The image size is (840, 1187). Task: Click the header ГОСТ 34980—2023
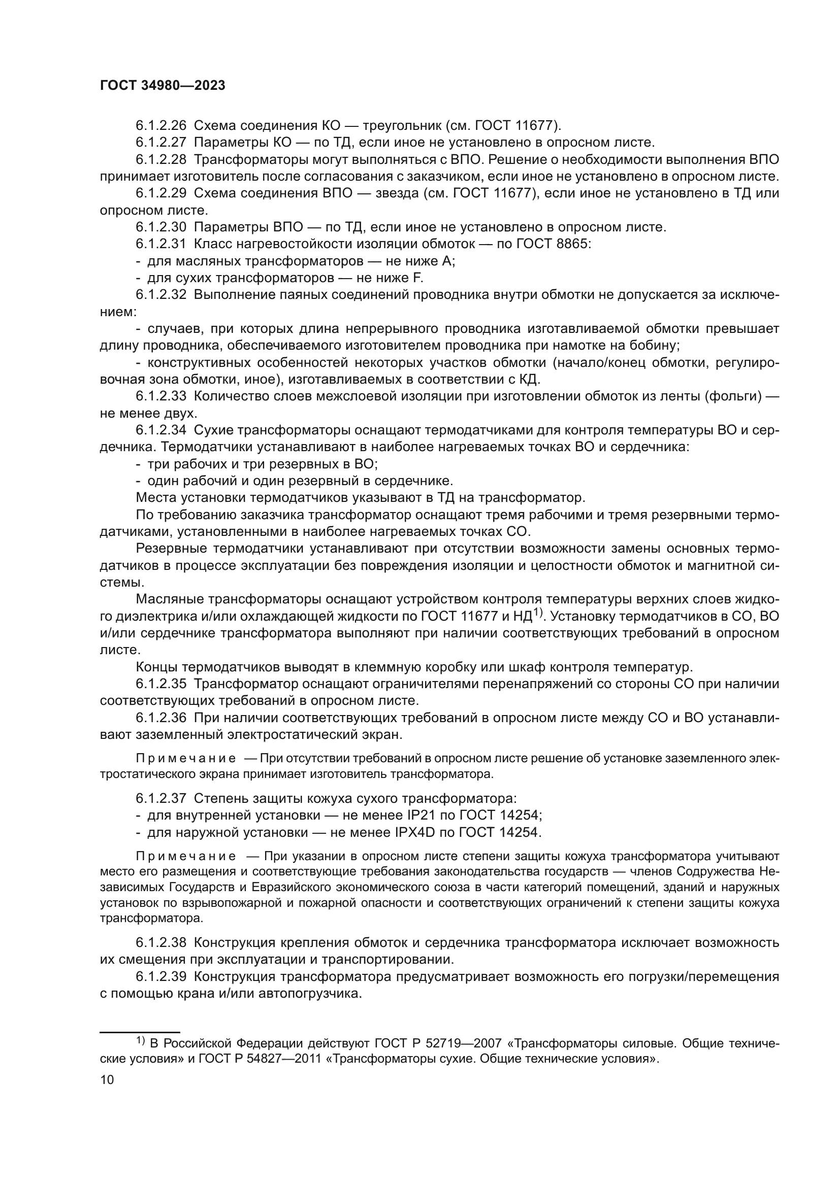coord(163,86)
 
